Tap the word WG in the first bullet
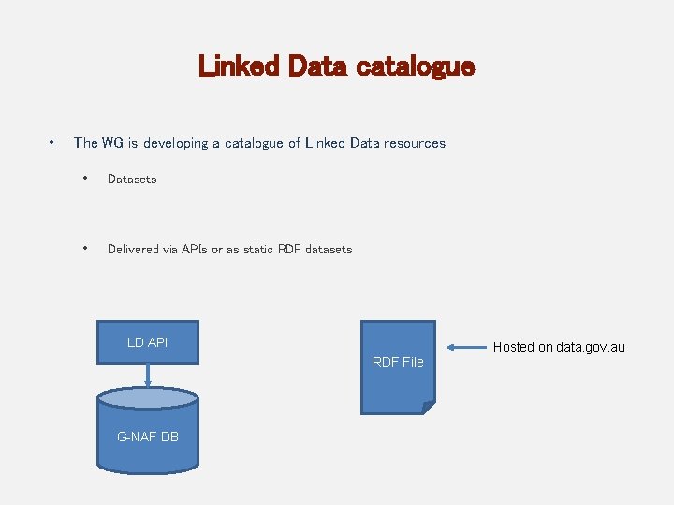point(112,143)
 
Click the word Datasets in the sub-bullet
point(132,179)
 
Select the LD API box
point(148,342)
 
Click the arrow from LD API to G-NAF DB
point(148,375)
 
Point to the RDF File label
point(398,362)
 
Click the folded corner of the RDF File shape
point(428,407)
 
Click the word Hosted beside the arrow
point(514,348)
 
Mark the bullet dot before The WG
point(51,143)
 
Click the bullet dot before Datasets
point(85,179)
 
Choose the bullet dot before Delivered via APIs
point(85,249)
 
